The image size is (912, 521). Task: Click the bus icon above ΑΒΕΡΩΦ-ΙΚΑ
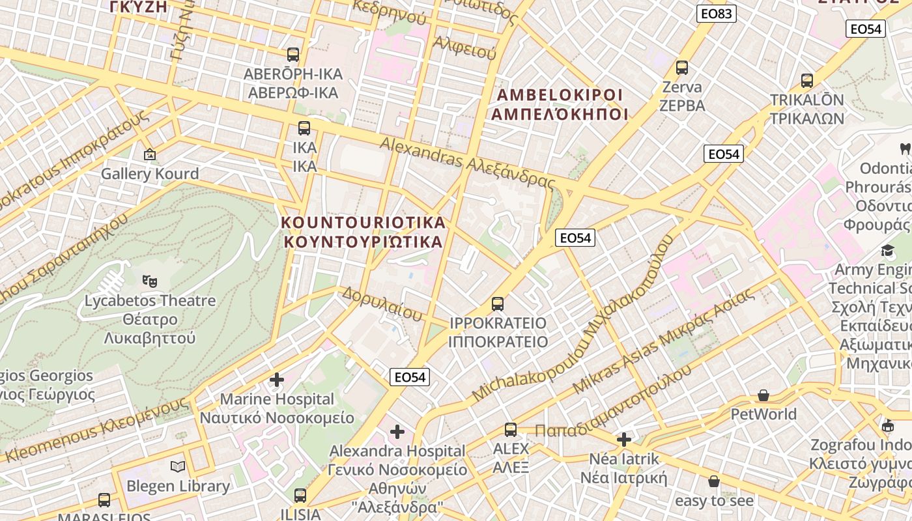(x=293, y=54)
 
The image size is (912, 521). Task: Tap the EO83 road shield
(x=716, y=14)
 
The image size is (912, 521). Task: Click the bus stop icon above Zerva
(x=682, y=67)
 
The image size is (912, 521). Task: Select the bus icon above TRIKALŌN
(x=807, y=81)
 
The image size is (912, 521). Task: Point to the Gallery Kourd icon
(x=150, y=154)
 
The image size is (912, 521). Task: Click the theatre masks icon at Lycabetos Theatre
(x=150, y=281)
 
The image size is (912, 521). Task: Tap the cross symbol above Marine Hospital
(x=277, y=379)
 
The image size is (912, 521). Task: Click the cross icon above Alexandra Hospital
(x=397, y=431)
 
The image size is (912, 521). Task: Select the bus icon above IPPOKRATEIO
(x=498, y=303)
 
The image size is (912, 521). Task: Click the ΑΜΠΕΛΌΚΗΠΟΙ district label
(x=559, y=114)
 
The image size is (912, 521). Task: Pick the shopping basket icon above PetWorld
(x=763, y=395)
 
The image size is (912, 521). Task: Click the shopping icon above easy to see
(x=714, y=481)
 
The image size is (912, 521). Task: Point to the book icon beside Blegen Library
(x=178, y=466)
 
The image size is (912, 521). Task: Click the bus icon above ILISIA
(x=300, y=495)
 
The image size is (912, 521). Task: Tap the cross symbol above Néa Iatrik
(x=624, y=439)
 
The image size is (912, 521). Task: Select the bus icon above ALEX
(x=511, y=429)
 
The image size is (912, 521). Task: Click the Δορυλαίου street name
(x=382, y=303)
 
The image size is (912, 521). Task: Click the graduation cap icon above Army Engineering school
(x=888, y=251)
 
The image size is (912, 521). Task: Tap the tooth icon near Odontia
(x=904, y=148)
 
